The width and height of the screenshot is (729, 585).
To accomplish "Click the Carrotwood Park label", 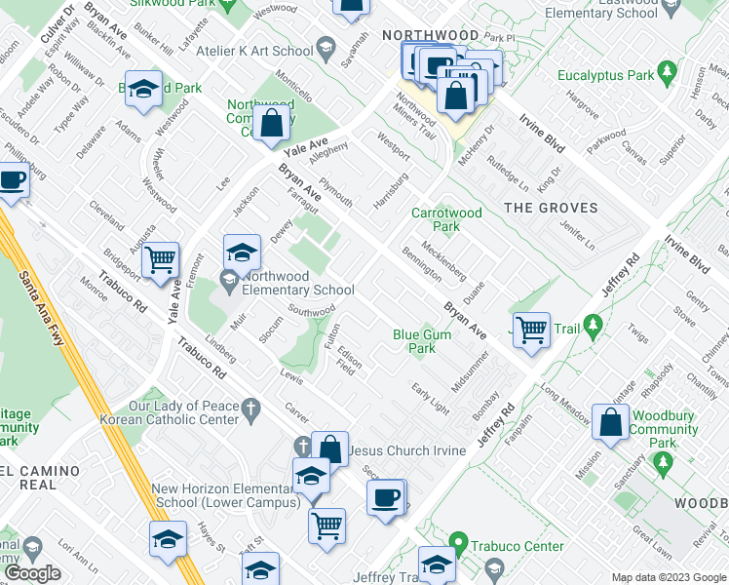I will tap(447, 219).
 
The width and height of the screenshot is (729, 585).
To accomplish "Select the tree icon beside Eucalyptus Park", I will tap(668, 73).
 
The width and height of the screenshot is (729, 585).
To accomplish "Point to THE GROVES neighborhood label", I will tap(543, 207).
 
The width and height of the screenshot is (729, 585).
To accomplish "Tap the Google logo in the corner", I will tap(33, 573).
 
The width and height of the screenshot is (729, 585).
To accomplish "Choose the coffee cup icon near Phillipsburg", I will tap(13, 181).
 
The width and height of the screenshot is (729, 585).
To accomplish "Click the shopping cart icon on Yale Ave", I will tap(160, 260).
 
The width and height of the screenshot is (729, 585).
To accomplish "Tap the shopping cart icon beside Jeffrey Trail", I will tap(531, 330).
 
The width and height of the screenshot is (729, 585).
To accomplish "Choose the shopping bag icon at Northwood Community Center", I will tap(274, 124).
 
